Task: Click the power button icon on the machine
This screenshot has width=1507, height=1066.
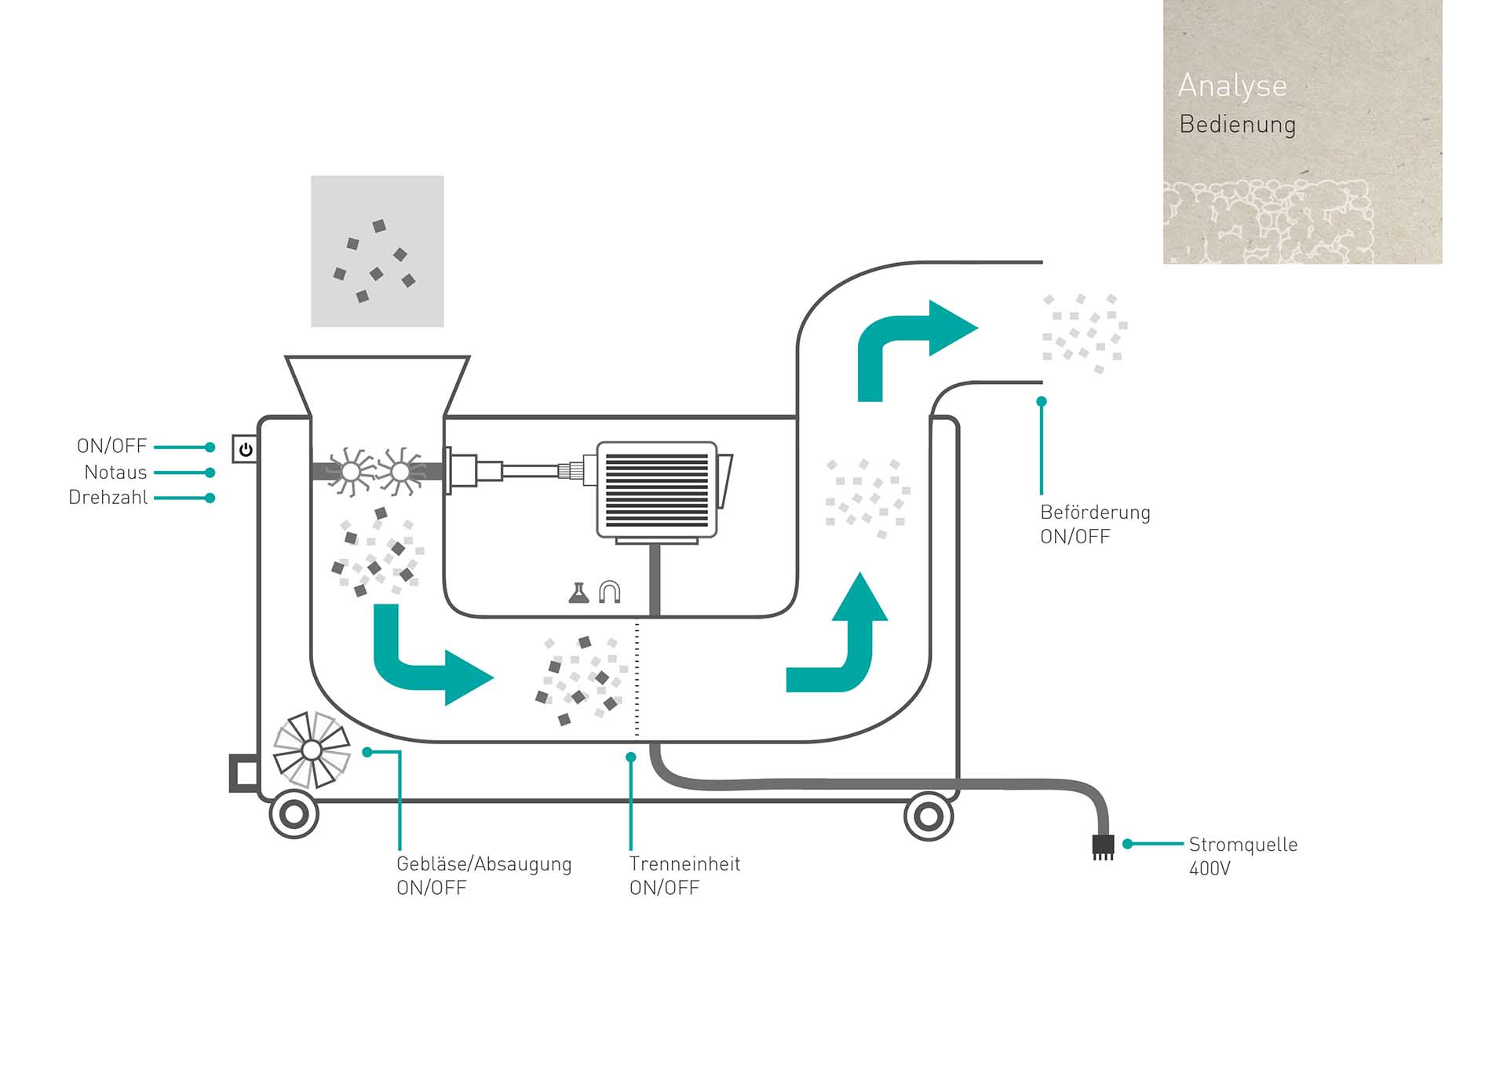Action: [246, 449]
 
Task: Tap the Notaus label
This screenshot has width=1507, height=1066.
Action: [115, 473]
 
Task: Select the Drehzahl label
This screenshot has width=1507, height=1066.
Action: [108, 498]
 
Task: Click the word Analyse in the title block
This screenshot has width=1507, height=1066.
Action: [1232, 86]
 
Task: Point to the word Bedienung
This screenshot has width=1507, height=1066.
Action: [1237, 125]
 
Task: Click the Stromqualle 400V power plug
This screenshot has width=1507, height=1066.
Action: [1103, 846]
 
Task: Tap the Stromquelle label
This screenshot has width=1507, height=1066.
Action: [1242, 845]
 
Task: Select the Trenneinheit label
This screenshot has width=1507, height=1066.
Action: [684, 864]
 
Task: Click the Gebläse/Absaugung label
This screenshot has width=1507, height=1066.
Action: [483, 864]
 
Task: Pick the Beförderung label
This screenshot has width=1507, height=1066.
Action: [1095, 513]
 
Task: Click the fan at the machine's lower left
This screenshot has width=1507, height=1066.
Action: [312, 750]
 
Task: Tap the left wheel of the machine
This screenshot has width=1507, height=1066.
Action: [294, 815]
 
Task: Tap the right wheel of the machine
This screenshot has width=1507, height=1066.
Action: [929, 816]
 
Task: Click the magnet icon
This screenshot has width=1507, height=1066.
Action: [610, 592]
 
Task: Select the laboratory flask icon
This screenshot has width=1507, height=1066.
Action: [578, 593]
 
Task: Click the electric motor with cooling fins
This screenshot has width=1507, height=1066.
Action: [658, 490]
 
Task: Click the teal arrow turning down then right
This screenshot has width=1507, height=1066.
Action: [424, 659]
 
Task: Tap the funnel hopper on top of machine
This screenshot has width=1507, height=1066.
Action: [378, 385]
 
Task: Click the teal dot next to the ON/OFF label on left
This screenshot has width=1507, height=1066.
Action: [210, 447]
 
